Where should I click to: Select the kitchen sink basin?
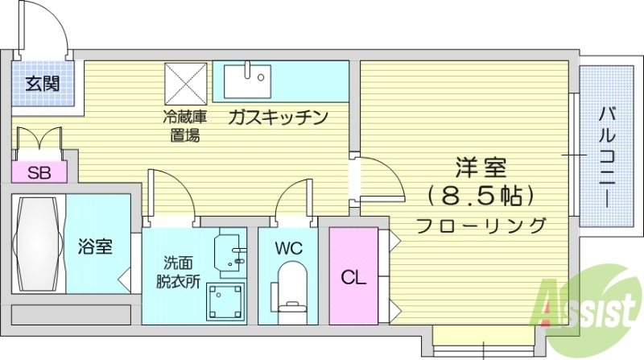click(x=249, y=79)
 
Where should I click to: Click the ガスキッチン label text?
click(x=278, y=118)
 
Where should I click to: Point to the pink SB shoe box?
click(x=37, y=172)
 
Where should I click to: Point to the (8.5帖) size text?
click(x=481, y=196)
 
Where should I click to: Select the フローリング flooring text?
click(x=481, y=225)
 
